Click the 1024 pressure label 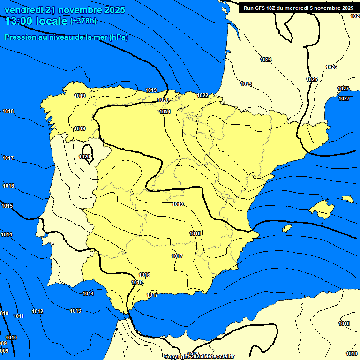point(266,60)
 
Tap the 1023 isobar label point(246,84)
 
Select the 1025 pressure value point(312,79)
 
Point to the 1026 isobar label point(331,67)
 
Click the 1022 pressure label point(202,95)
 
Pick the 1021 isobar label point(165,112)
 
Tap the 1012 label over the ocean point(37,312)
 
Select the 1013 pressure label point(75,311)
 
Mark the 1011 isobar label point(18,316)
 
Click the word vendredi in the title point(23,10)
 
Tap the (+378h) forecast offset point(83,21)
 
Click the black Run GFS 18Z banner point(298,7)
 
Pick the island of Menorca point(347,199)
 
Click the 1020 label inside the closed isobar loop point(85,157)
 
